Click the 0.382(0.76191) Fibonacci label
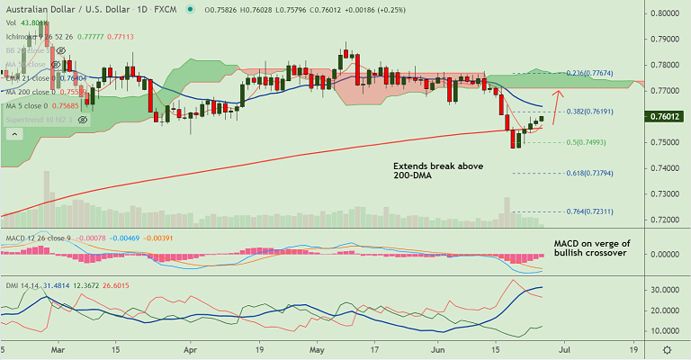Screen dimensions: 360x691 pos(590,112)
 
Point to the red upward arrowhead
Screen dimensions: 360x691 pos(559,93)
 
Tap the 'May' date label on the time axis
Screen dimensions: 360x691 pos(316,346)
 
